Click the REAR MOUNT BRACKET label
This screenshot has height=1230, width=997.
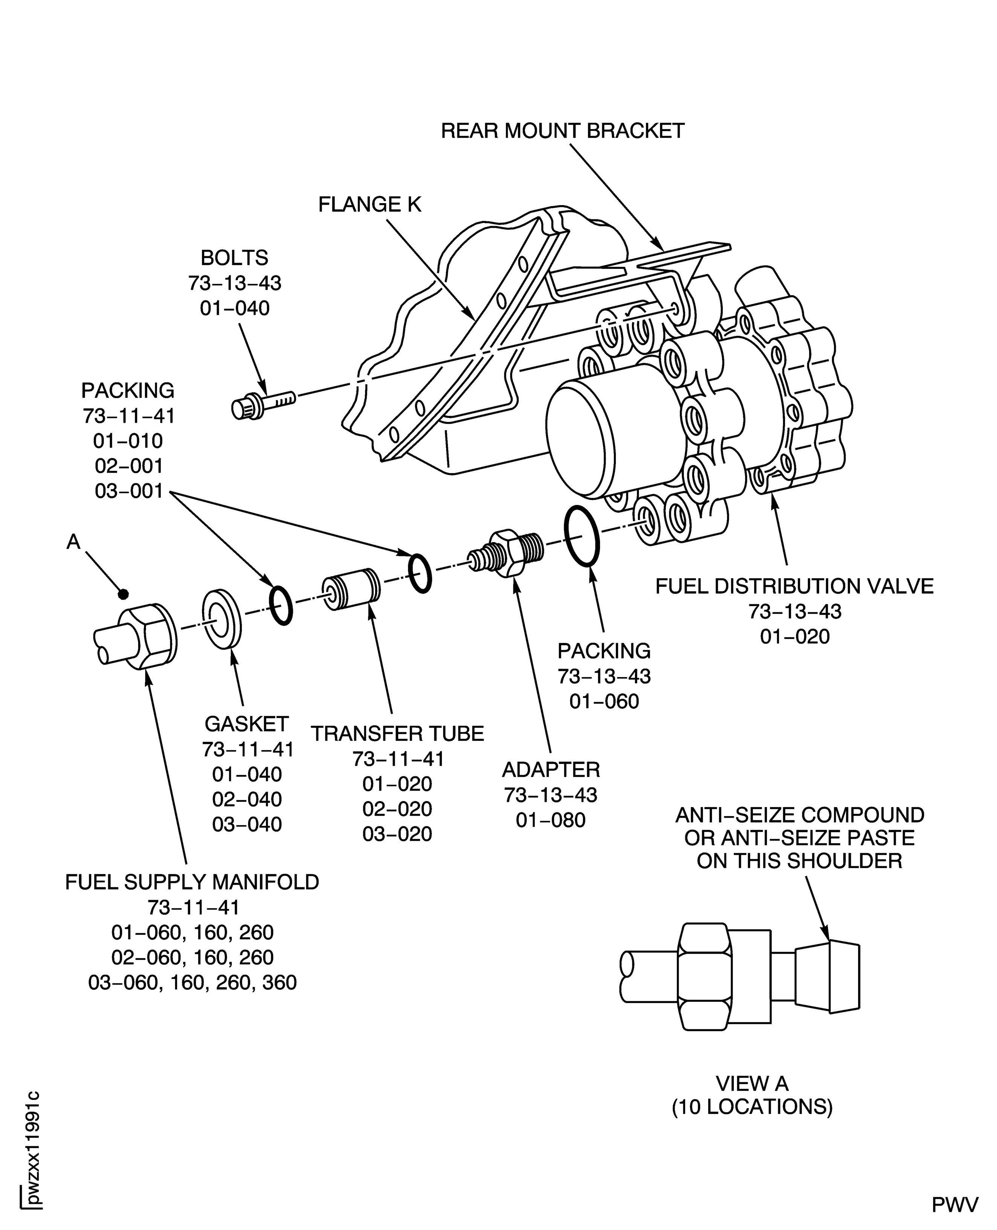click(562, 131)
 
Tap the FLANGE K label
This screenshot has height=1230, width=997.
click(370, 204)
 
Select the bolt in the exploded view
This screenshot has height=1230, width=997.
click(263, 403)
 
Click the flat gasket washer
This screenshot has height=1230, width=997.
click(222, 618)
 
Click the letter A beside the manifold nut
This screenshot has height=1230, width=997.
click(73, 541)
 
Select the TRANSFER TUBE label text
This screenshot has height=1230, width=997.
click(397, 734)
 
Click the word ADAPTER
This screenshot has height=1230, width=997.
click(551, 769)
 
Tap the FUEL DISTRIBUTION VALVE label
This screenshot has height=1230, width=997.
click(795, 586)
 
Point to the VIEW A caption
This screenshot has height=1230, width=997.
click(752, 1084)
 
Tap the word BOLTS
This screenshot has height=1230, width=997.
click(234, 258)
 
